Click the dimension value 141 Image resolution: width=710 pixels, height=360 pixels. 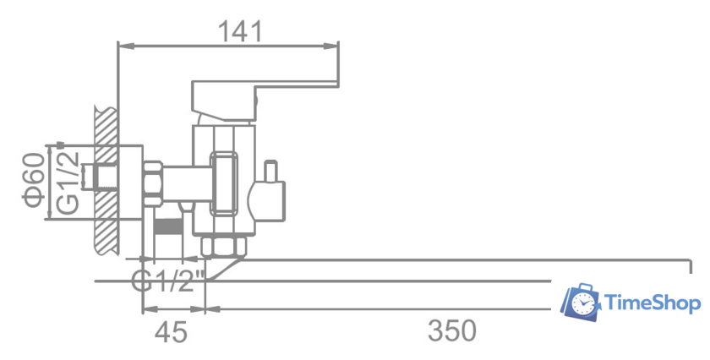pos(240,31)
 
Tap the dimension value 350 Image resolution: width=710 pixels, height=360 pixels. pos(452,330)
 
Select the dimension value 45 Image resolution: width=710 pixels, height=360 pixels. pos(171,332)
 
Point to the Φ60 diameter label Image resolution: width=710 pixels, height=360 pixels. pos(35,180)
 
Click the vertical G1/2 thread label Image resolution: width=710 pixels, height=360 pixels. pos(68,183)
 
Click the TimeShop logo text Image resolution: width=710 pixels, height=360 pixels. pos(653,303)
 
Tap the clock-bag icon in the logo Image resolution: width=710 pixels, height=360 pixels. pos(581,302)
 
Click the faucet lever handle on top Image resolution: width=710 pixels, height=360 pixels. pos(265,101)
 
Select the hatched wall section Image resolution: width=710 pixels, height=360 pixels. pos(106,180)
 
